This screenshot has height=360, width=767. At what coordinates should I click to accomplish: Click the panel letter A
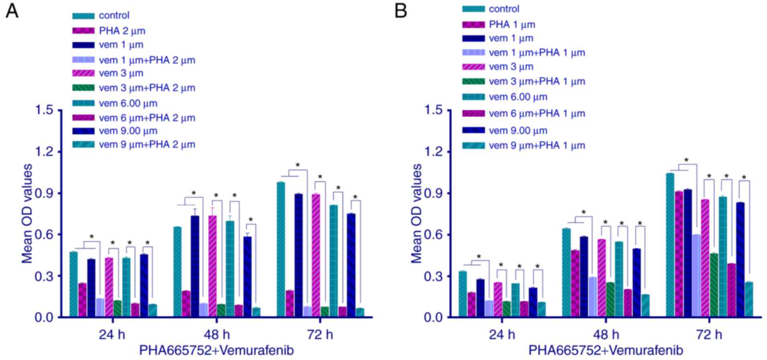click(12, 11)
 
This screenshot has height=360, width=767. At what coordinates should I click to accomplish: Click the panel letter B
click(401, 11)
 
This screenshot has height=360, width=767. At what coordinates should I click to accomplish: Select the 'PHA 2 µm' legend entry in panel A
click(122, 31)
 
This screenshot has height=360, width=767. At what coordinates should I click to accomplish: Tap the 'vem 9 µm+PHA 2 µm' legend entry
click(147, 144)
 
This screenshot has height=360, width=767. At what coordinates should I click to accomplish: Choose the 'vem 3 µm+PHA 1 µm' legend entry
click(537, 81)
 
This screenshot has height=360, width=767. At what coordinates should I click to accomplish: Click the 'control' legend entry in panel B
click(504, 9)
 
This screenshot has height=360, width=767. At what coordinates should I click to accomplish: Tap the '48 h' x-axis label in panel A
click(217, 334)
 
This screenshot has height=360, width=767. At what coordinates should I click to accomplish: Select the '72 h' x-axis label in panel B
click(709, 334)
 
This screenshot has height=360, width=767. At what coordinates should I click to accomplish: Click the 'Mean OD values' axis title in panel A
click(27, 213)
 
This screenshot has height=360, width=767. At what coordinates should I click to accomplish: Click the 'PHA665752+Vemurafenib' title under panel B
click(605, 350)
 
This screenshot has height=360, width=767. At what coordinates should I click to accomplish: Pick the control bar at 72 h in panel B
click(670, 245)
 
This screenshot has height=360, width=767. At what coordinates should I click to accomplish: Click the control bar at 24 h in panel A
click(73, 284)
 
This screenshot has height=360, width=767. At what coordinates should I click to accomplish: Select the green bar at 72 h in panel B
click(714, 285)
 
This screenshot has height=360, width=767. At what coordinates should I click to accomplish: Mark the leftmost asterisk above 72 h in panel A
click(297, 165)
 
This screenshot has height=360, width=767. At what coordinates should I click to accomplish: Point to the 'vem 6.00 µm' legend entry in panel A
click(128, 103)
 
